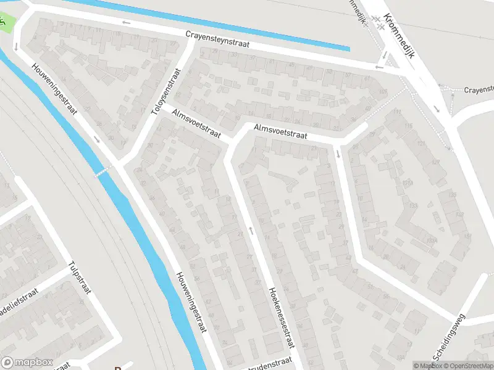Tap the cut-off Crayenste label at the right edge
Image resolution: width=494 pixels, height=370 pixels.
click(x=479, y=89)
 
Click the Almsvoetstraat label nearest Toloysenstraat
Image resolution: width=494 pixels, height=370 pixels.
click(x=196, y=122)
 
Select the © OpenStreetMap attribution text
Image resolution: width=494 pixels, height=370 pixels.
click(x=466, y=366)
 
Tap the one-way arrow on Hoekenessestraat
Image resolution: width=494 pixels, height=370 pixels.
click(x=251, y=230)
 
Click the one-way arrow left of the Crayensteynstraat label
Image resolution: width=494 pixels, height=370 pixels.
click(x=127, y=23)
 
